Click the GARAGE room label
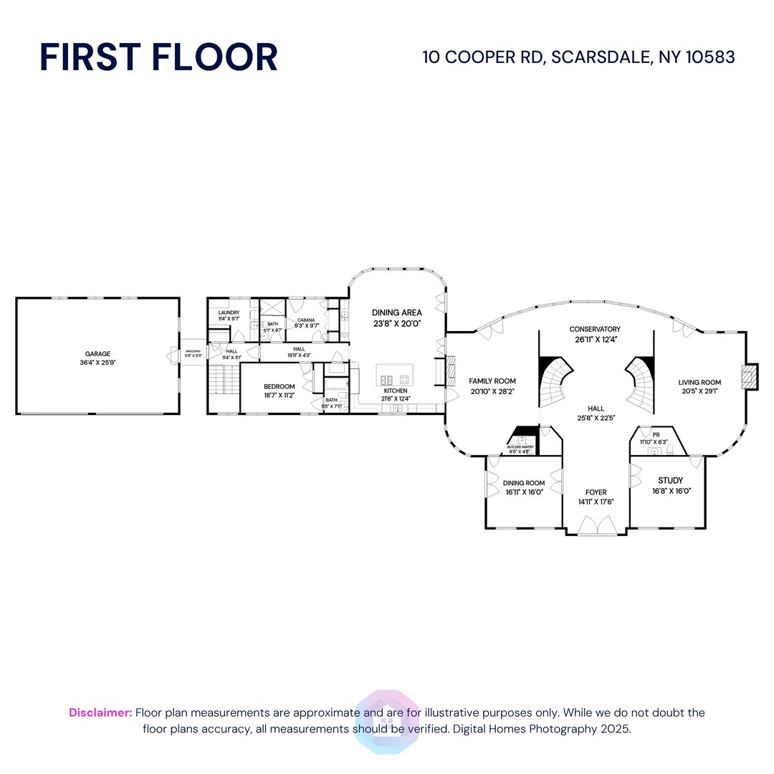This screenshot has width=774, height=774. click(x=98, y=353)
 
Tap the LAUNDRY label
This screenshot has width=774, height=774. click(x=229, y=312)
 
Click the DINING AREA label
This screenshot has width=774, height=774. click(x=396, y=312)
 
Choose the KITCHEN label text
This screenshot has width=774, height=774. click(x=395, y=391)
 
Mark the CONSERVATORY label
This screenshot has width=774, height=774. click(x=595, y=329)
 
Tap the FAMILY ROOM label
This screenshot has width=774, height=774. click(x=492, y=381)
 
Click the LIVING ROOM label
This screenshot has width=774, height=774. click(x=699, y=383)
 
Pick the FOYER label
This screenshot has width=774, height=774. click(x=596, y=492)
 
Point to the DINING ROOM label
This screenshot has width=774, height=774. click(x=524, y=483)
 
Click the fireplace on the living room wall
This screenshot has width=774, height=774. click(x=750, y=376)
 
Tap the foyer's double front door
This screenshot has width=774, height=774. click(x=596, y=528)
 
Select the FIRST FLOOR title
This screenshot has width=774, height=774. click(x=158, y=57)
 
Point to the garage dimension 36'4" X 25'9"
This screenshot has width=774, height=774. click(x=98, y=363)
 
